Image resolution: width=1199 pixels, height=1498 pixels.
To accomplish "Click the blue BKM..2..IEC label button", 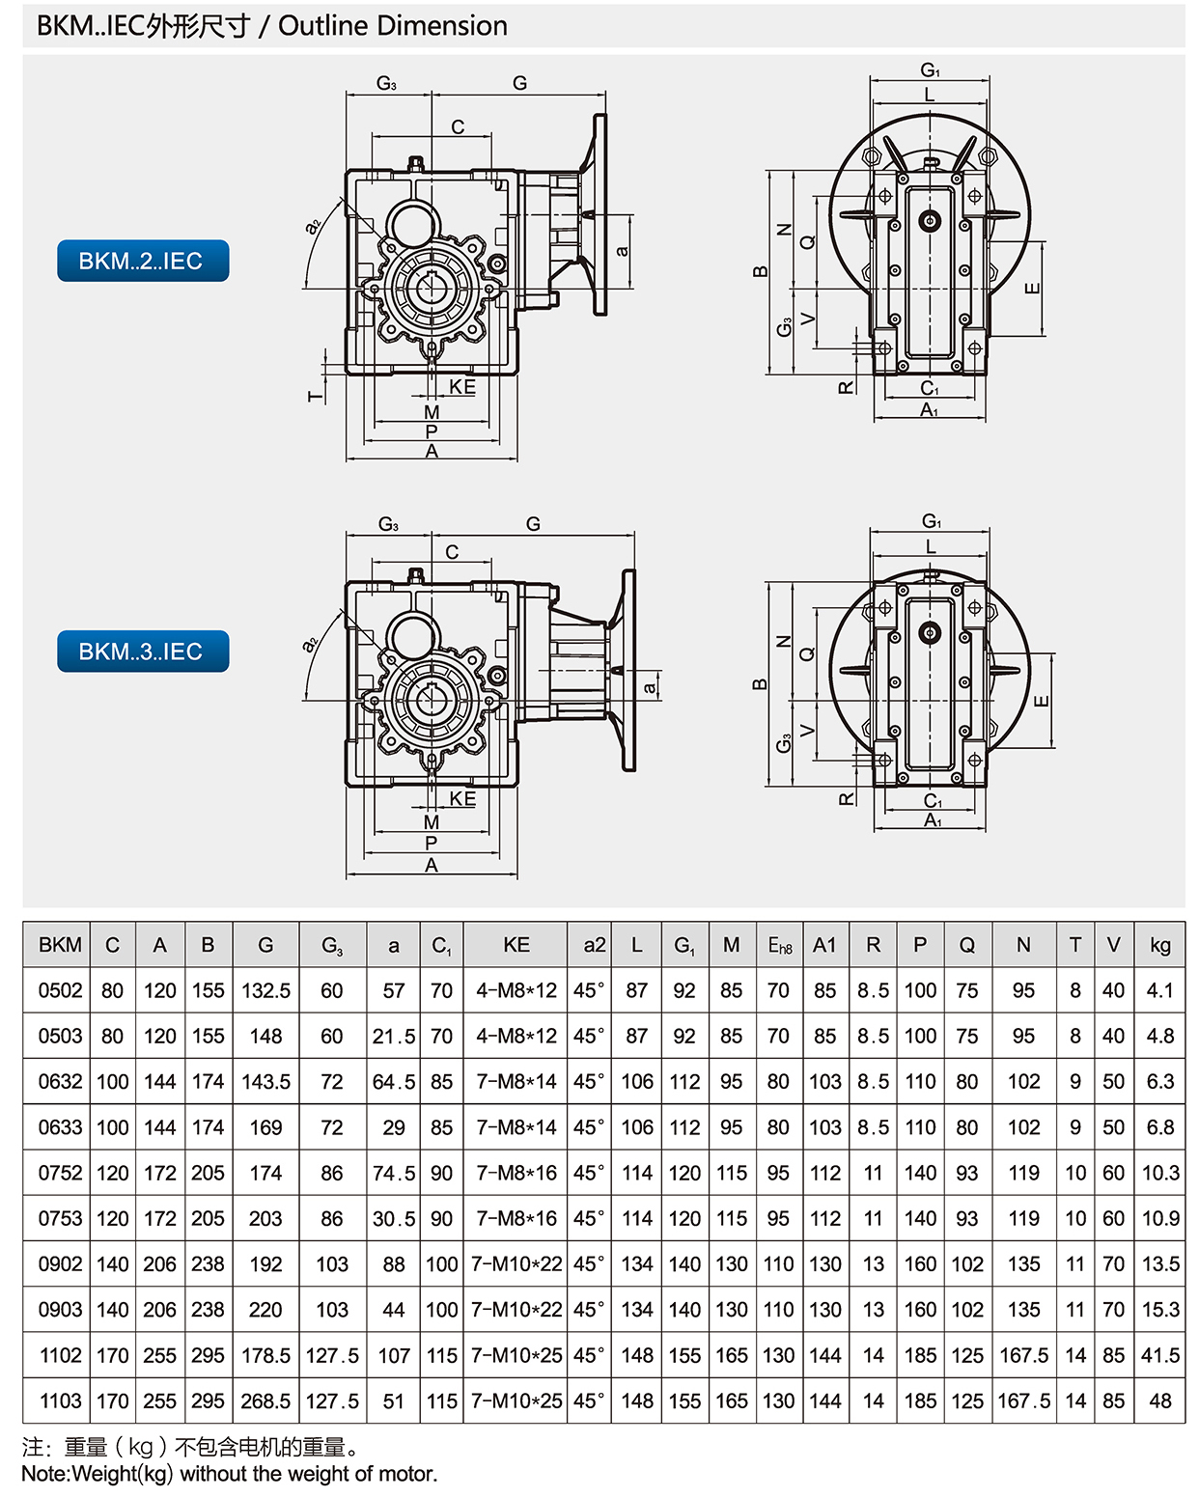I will [x=143, y=261].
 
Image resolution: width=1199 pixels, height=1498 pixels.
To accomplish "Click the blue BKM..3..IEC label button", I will [x=143, y=652].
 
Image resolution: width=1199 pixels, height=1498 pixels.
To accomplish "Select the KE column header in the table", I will [x=516, y=945].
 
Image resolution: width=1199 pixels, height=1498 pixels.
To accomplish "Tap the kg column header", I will [x=1159, y=945].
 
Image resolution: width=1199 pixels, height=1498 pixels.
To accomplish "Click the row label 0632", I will [x=60, y=1082].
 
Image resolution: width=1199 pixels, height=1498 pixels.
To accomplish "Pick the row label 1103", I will [x=60, y=1401].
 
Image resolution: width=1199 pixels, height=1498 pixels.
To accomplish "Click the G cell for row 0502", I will [x=265, y=990].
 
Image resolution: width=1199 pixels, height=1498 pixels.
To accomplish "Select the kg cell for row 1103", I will [x=1159, y=1401].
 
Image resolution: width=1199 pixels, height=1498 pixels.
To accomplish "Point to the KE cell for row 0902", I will [x=516, y=1263].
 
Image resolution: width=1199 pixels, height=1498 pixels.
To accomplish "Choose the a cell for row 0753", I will [x=393, y=1218].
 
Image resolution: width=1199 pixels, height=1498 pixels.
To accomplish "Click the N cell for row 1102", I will [x=1023, y=1355].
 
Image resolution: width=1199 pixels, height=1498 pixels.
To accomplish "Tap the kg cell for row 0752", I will [x=1159, y=1173].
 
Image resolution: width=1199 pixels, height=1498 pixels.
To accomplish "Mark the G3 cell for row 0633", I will [x=331, y=1127].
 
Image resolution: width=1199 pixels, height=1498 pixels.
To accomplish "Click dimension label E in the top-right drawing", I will [x=1033, y=288].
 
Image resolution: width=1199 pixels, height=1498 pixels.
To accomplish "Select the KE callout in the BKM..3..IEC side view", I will [x=462, y=798].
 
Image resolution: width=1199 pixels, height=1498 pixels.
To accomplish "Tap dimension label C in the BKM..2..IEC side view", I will [x=458, y=126].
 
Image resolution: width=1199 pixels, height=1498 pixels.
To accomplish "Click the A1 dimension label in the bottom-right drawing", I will [x=932, y=820].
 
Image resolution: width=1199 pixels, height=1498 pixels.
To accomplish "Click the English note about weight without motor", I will [x=230, y=1474].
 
